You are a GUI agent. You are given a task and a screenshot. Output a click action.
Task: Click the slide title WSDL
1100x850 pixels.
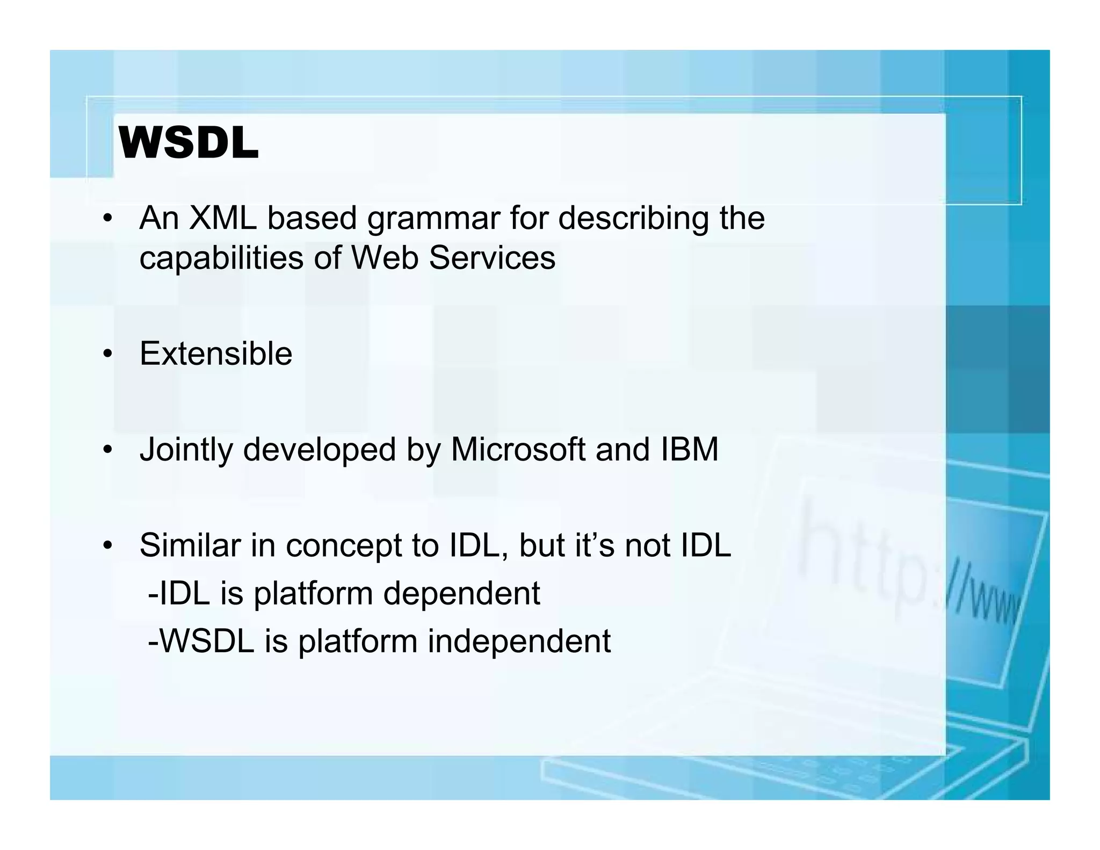(188, 143)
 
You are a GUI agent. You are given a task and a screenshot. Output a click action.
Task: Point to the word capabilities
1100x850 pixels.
(221, 258)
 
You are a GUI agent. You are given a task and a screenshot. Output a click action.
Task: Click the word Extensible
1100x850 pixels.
(216, 354)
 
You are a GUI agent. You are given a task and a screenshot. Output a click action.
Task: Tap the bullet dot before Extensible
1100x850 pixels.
(108, 354)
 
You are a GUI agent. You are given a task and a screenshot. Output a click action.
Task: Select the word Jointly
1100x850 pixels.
(186, 450)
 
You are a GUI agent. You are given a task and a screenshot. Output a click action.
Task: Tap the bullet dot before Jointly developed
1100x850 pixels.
(108, 450)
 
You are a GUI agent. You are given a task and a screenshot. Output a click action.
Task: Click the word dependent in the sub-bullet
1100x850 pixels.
(461, 593)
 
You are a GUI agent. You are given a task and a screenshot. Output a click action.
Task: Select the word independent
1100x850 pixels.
(519, 642)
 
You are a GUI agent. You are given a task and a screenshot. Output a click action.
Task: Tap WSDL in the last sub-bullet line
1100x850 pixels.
(207, 641)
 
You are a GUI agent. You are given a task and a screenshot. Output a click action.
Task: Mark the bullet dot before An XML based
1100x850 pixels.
(108, 219)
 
